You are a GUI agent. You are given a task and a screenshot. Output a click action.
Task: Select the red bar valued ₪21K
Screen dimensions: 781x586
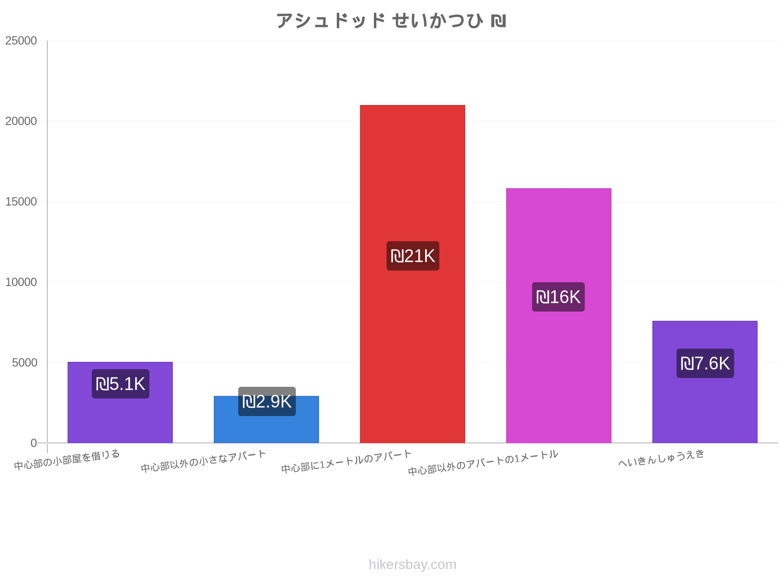click(x=412, y=274)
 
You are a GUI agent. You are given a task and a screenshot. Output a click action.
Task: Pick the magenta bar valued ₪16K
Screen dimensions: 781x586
click(x=558, y=315)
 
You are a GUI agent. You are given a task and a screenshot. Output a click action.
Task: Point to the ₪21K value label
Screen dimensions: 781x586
click(x=413, y=256)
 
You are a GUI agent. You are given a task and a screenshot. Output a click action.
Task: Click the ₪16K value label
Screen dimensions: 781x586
click(x=558, y=297)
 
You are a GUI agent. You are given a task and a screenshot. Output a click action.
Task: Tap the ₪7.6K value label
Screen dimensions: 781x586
click(x=705, y=363)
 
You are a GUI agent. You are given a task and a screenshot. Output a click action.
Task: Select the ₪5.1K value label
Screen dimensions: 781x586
click(x=121, y=384)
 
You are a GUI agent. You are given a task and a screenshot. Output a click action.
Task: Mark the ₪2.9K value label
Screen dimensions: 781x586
click(x=267, y=401)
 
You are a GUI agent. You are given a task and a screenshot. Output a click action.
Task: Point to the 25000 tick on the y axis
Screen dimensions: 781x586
click(x=21, y=41)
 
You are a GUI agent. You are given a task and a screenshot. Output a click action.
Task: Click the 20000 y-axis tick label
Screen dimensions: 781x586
click(x=21, y=121)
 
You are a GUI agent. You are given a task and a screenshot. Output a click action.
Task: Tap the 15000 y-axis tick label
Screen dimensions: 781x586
click(x=21, y=201)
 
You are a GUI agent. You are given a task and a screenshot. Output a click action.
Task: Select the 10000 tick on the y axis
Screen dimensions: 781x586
click(x=21, y=282)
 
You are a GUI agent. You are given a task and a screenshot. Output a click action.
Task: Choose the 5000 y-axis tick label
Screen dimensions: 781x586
click(x=24, y=362)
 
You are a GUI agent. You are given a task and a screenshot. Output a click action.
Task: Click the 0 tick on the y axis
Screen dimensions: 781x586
click(x=34, y=443)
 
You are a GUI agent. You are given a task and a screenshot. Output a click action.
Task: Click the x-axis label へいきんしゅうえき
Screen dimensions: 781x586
click(x=661, y=458)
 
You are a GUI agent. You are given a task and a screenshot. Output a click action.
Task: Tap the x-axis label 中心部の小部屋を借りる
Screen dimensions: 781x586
click(x=67, y=460)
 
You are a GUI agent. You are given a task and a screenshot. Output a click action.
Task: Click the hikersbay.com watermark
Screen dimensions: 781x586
click(x=412, y=565)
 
